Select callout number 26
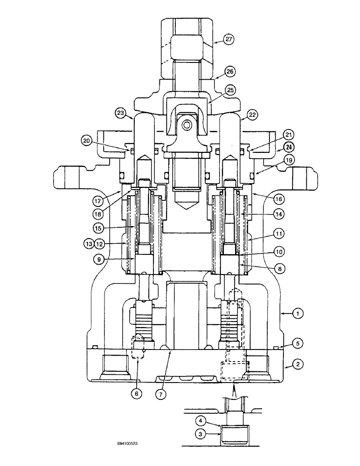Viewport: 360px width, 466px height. pos(229,71)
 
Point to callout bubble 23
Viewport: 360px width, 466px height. pos(121,112)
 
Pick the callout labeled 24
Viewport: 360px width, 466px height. pos(286,148)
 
